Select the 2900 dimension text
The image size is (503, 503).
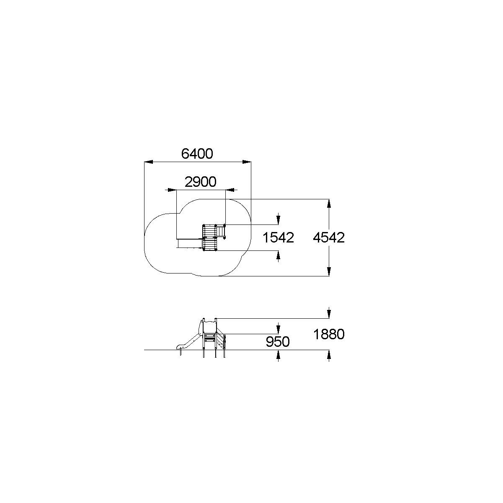pos(201,182)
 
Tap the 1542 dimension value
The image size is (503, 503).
pos(278,237)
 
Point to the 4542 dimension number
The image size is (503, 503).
pos(329,237)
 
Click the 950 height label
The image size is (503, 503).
pos(278,341)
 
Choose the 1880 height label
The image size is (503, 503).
pos(329,334)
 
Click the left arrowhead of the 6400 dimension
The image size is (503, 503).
pos(149,162)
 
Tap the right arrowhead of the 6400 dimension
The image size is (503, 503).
pos(247,162)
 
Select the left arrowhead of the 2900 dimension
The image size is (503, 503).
pos(172,190)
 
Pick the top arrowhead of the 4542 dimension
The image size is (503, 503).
pos(329,204)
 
